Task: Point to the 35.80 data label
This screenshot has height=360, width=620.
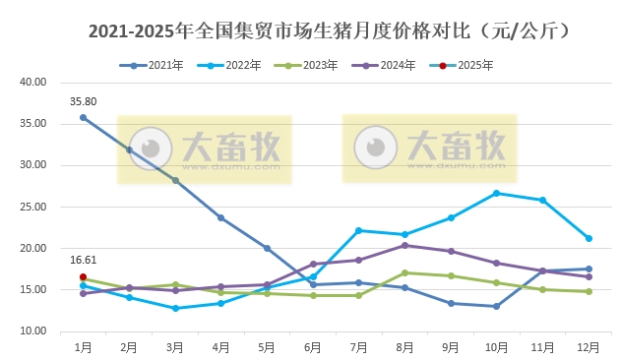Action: [83, 101]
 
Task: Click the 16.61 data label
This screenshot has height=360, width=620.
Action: [83, 261]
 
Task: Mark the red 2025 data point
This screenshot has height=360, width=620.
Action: [84, 277]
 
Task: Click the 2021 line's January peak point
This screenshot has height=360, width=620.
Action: [84, 117]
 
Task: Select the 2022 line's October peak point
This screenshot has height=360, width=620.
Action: [496, 193]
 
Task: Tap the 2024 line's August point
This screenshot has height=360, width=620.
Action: [404, 245]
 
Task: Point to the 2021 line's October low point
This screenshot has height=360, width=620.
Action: [496, 306]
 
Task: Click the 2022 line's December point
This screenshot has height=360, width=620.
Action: [589, 238]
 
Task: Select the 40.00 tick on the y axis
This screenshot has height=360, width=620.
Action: [33, 83]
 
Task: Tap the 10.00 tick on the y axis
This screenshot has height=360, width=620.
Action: [33, 331]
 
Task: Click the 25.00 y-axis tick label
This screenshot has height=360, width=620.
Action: [33, 208]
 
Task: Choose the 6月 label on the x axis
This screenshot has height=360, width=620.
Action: [313, 347]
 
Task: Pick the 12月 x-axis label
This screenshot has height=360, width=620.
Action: [589, 347]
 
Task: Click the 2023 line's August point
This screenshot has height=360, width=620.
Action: [404, 272]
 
